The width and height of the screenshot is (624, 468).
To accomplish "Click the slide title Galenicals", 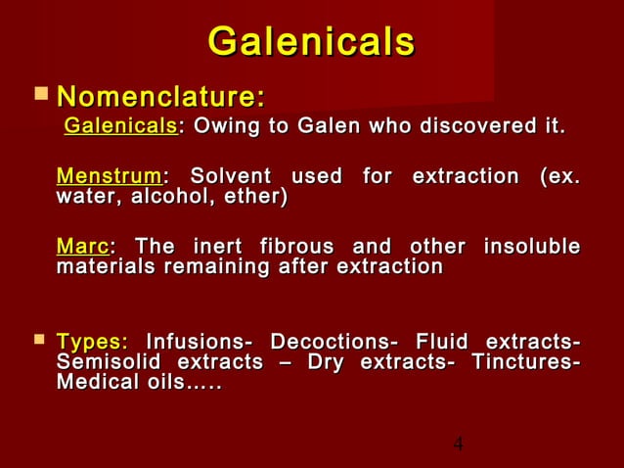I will pyautogui.click(x=311, y=42).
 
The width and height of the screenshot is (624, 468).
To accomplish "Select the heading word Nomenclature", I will pyautogui.click(x=159, y=97).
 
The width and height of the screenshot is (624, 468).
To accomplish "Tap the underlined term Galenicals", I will pyautogui.click(x=119, y=127).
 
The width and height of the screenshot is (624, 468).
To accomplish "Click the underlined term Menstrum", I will pyautogui.click(x=109, y=177).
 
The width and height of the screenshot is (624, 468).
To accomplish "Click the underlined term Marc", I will pyautogui.click(x=82, y=246).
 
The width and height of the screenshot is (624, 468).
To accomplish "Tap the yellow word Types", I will pyautogui.click(x=92, y=343).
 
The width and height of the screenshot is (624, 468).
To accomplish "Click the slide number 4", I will pyautogui.click(x=458, y=445).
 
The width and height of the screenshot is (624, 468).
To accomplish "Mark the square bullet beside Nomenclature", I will pyautogui.click(x=39, y=95).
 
